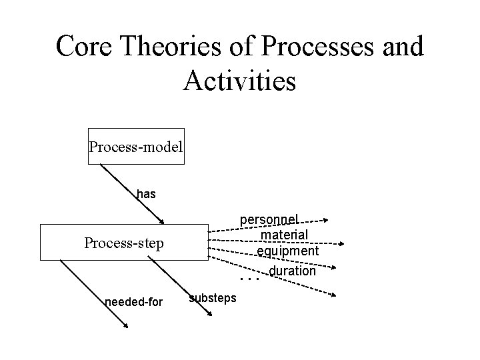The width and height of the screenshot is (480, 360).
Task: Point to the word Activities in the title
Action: coord(239,81)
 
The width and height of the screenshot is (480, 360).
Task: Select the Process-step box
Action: coord(124,243)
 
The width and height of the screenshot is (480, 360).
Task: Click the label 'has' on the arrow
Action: coord(146,194)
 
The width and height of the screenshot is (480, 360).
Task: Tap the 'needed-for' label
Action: coord(134,302)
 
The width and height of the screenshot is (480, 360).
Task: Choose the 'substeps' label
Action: coord(213,297)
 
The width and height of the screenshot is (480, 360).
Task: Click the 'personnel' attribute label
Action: coord(269,219)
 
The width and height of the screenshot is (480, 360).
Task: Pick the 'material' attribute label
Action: coord(284,235)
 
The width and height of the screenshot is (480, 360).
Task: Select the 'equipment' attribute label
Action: coord(288,251)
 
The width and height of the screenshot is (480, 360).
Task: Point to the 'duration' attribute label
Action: coord(293,271)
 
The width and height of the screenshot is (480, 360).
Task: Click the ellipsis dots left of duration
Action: coord(249,279)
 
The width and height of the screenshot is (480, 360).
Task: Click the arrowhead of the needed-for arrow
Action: coord(125,325)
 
